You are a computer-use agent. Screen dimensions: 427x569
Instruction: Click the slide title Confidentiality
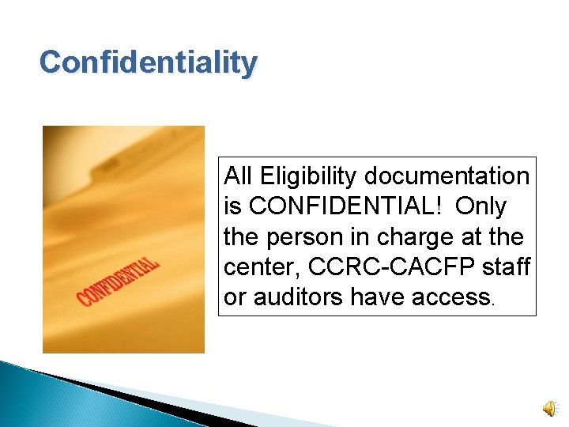(149, 62)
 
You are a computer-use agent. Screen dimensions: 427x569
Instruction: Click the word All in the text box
(238, 176)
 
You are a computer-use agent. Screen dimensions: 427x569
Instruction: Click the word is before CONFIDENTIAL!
(233, 206)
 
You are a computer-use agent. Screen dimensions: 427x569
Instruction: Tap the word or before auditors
(234, 297)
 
